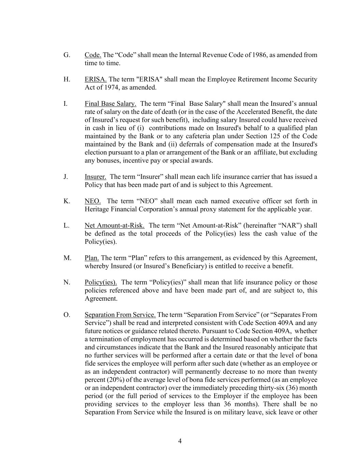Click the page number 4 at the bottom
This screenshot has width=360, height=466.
pos(180,441)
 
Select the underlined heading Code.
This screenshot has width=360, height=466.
pos(93,55)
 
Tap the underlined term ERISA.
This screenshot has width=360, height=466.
pos(96,79)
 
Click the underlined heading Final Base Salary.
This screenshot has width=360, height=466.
pos(111,104)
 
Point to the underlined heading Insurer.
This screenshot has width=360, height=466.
pos(95,177)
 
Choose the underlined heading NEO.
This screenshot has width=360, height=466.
pos(92,201)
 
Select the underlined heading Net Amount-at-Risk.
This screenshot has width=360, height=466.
pos(114,226)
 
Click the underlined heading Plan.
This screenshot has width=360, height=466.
pos(92,258)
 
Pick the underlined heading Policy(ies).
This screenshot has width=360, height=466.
pos(101,282)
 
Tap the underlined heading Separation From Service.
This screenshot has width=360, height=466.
pos(120,315)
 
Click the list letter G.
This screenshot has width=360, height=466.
pos(67,55)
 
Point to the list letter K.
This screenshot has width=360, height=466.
pos(67,201)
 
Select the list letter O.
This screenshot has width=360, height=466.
pos(67,315)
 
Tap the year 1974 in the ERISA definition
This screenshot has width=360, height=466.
pos(110,87)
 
